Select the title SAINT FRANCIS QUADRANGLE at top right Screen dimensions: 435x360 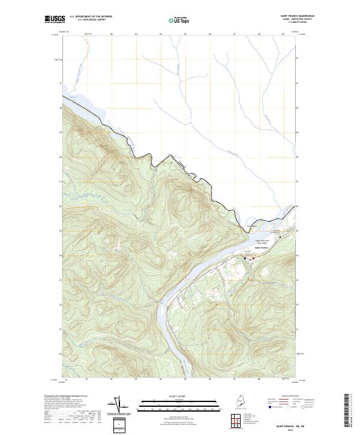pos(294,16)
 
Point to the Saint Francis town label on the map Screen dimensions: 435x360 pos(262,247)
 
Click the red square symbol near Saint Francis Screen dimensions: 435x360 pos(253,259)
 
